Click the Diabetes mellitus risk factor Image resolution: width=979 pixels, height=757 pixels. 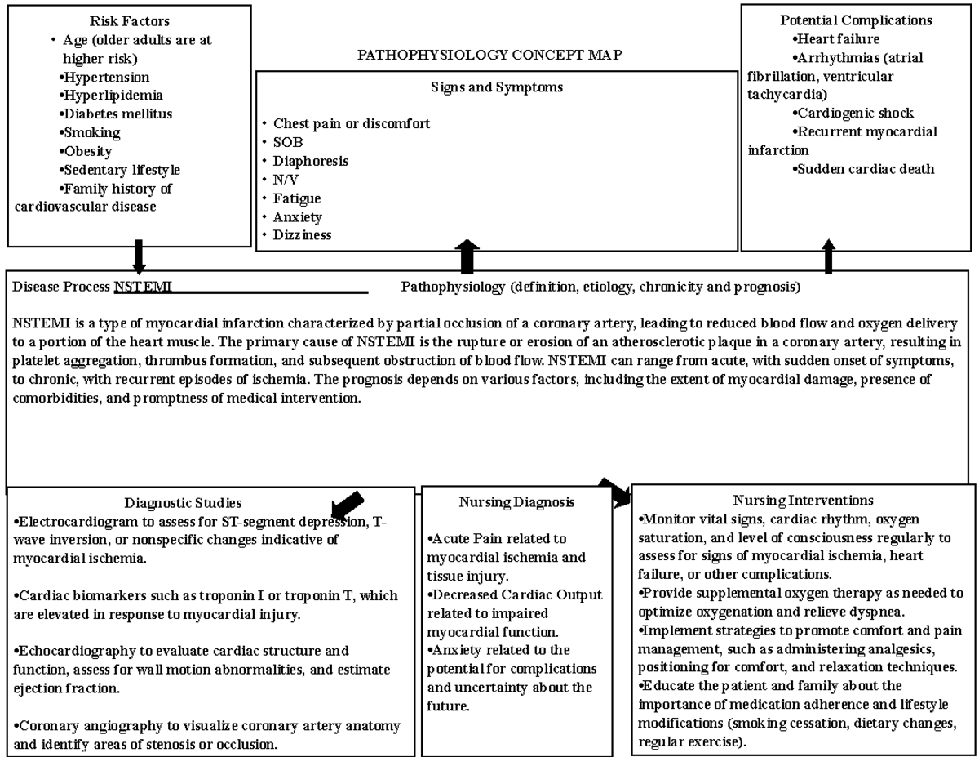(117, 114)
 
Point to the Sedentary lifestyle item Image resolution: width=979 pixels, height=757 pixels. (122, 170)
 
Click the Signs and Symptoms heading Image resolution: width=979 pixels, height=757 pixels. (496, 87)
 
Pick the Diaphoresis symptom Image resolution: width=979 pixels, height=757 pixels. (310, 161)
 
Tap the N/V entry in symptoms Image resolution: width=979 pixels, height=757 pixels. (286, 180)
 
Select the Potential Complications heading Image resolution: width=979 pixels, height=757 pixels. (856, 20)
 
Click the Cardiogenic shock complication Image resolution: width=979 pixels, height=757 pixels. (855, 114)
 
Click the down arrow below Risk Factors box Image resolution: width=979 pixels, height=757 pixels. (139, 256)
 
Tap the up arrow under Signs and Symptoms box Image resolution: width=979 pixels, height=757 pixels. (467, 256)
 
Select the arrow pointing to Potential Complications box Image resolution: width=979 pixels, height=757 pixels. (829, 256)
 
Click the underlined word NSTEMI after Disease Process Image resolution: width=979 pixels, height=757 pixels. (143, 287)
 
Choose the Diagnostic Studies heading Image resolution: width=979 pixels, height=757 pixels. (183, 503)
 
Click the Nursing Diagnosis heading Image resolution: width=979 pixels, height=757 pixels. (516, 502)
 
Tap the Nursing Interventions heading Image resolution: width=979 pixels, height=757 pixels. (803, 500)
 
